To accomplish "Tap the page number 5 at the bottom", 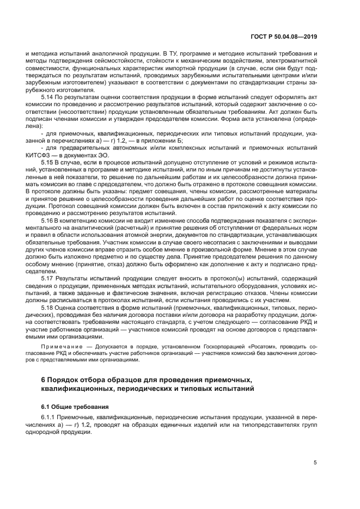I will tap(315, 463).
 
